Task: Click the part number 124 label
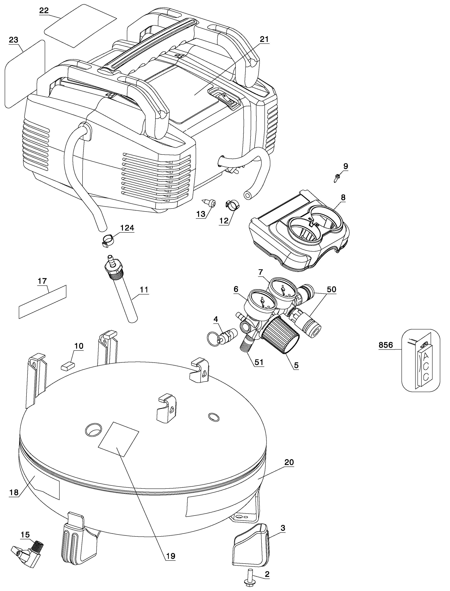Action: (127, 228)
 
